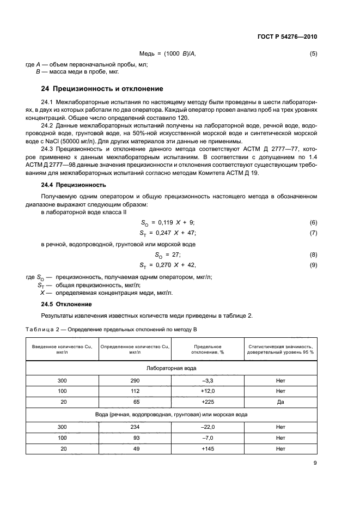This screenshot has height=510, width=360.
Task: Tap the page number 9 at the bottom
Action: tap(315, 462)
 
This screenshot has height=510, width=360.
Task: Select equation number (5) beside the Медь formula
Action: tap(313, 54)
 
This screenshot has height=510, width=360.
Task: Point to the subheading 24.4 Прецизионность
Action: tap(71, 185)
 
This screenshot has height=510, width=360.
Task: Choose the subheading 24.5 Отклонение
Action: tap(67, 303)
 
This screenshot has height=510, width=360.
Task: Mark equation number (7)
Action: tap(313, 233)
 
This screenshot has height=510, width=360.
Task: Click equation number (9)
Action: tap(313, 265)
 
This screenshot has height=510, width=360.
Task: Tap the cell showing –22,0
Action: tap(206, 428)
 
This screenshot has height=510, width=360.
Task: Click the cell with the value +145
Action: tap(206, 448)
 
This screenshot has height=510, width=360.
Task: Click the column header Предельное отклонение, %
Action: tap(207, 349)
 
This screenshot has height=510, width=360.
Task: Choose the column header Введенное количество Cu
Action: tap(63, 349)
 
